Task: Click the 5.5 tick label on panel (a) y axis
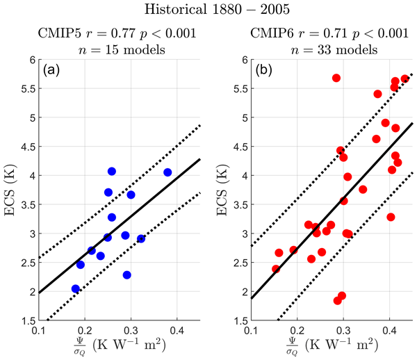[26, 89]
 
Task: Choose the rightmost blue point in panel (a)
[167, 172]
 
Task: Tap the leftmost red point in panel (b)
[276, 269]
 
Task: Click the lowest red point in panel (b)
[338, 301]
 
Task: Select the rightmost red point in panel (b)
[404, 79]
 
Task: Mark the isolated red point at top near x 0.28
[336, 78]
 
